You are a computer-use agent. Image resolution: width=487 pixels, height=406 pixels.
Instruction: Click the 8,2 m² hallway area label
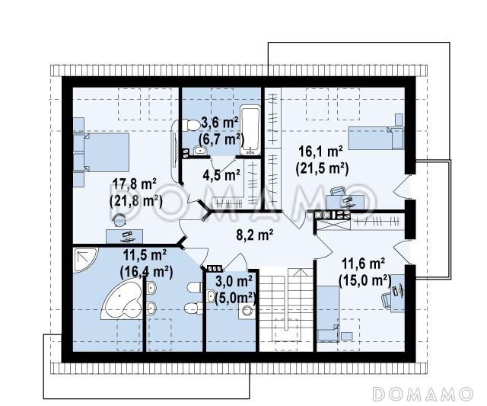coord(255,235)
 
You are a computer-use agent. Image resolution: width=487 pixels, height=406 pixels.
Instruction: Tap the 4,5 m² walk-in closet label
coord(221,175)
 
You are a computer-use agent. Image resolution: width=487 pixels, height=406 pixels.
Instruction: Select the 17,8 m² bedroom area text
coord(134,184)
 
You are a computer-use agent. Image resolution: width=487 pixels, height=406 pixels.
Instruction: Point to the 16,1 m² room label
coord(321,152)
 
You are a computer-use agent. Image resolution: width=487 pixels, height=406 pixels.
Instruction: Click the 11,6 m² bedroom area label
coord(364,264)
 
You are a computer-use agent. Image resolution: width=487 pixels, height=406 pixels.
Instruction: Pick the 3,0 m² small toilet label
coord(234,282)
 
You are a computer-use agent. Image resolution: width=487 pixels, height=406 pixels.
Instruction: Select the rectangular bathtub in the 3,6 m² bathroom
coord(250,129)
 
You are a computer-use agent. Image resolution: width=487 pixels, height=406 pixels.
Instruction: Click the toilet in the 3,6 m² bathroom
coord(190,126)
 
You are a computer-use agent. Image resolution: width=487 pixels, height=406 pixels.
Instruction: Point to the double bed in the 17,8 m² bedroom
coord(101,152)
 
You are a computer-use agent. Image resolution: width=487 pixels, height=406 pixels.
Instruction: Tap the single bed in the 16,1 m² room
coord(375,138)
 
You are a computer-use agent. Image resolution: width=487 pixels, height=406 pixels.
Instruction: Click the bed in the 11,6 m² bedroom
coord(328,314)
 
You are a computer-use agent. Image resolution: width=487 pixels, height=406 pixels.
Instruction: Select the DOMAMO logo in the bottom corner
coord(422,394)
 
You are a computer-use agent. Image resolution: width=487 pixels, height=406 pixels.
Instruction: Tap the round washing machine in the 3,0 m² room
coord(247,311)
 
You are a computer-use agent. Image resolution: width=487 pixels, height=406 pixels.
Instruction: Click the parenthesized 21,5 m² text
coord(322,168)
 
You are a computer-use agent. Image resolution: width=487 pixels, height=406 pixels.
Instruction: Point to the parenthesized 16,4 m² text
coord(146,273)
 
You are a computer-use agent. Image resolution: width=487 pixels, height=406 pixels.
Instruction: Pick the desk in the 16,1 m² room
coord(345,202)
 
